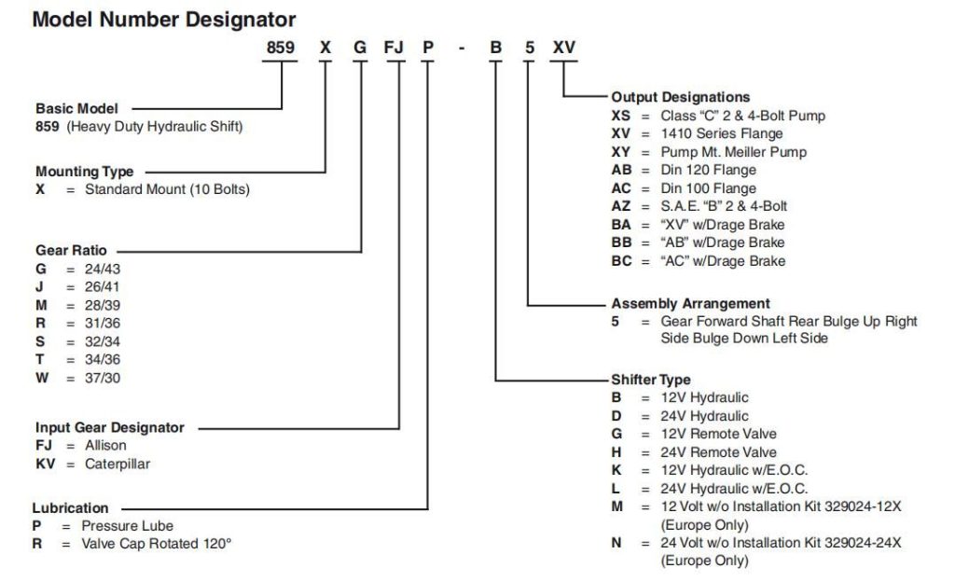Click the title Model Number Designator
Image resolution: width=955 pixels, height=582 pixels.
164,20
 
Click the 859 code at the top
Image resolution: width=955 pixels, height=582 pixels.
280,48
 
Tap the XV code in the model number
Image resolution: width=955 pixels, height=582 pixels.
564,48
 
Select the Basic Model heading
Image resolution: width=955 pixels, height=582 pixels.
76,108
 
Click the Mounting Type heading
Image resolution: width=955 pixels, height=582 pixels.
84,172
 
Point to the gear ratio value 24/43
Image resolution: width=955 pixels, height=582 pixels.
103,270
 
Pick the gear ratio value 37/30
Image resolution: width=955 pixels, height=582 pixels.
103,378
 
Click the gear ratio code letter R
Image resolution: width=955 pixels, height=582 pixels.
40,324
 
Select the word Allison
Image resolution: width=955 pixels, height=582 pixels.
105,446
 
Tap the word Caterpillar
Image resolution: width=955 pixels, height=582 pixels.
117,464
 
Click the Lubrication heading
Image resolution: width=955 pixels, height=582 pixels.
70,507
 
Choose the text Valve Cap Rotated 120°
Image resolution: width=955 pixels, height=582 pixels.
157,544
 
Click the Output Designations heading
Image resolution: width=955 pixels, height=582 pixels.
680,97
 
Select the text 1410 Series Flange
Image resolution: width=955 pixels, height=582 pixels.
722,133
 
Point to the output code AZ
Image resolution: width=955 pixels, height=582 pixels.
621,206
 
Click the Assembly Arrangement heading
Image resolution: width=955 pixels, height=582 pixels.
691,303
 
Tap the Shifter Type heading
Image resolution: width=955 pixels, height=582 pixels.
650,380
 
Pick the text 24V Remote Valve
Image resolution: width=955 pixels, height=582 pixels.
719,452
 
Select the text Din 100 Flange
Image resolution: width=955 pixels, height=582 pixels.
709,188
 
